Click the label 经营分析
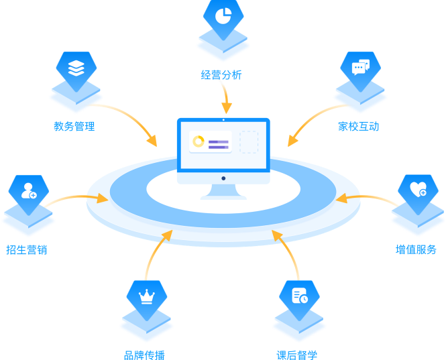click(x=221, y=75)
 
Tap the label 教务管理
click(x=74, y=126)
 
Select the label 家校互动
click(x=359, y=126)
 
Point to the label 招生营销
click(x=27, y=249)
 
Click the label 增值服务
click(x=416, y=249)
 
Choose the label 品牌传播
click(x=144, y=355)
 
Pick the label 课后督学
click(x=297, y=355)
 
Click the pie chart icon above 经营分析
click(x=223, y=15)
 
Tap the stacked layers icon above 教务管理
click(x=76, y=67)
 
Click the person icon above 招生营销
click(x=29, y=191)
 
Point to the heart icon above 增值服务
click(x=418, y=189)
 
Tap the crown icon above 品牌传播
click(x=146, y=296)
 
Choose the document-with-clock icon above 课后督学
click(x=299, y=296)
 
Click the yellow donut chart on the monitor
click(x=199, y=141)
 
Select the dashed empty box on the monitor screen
click(x=249, y=142)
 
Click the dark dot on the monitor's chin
click(x=223, y=178)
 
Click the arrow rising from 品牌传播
click(x=153, y=255)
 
